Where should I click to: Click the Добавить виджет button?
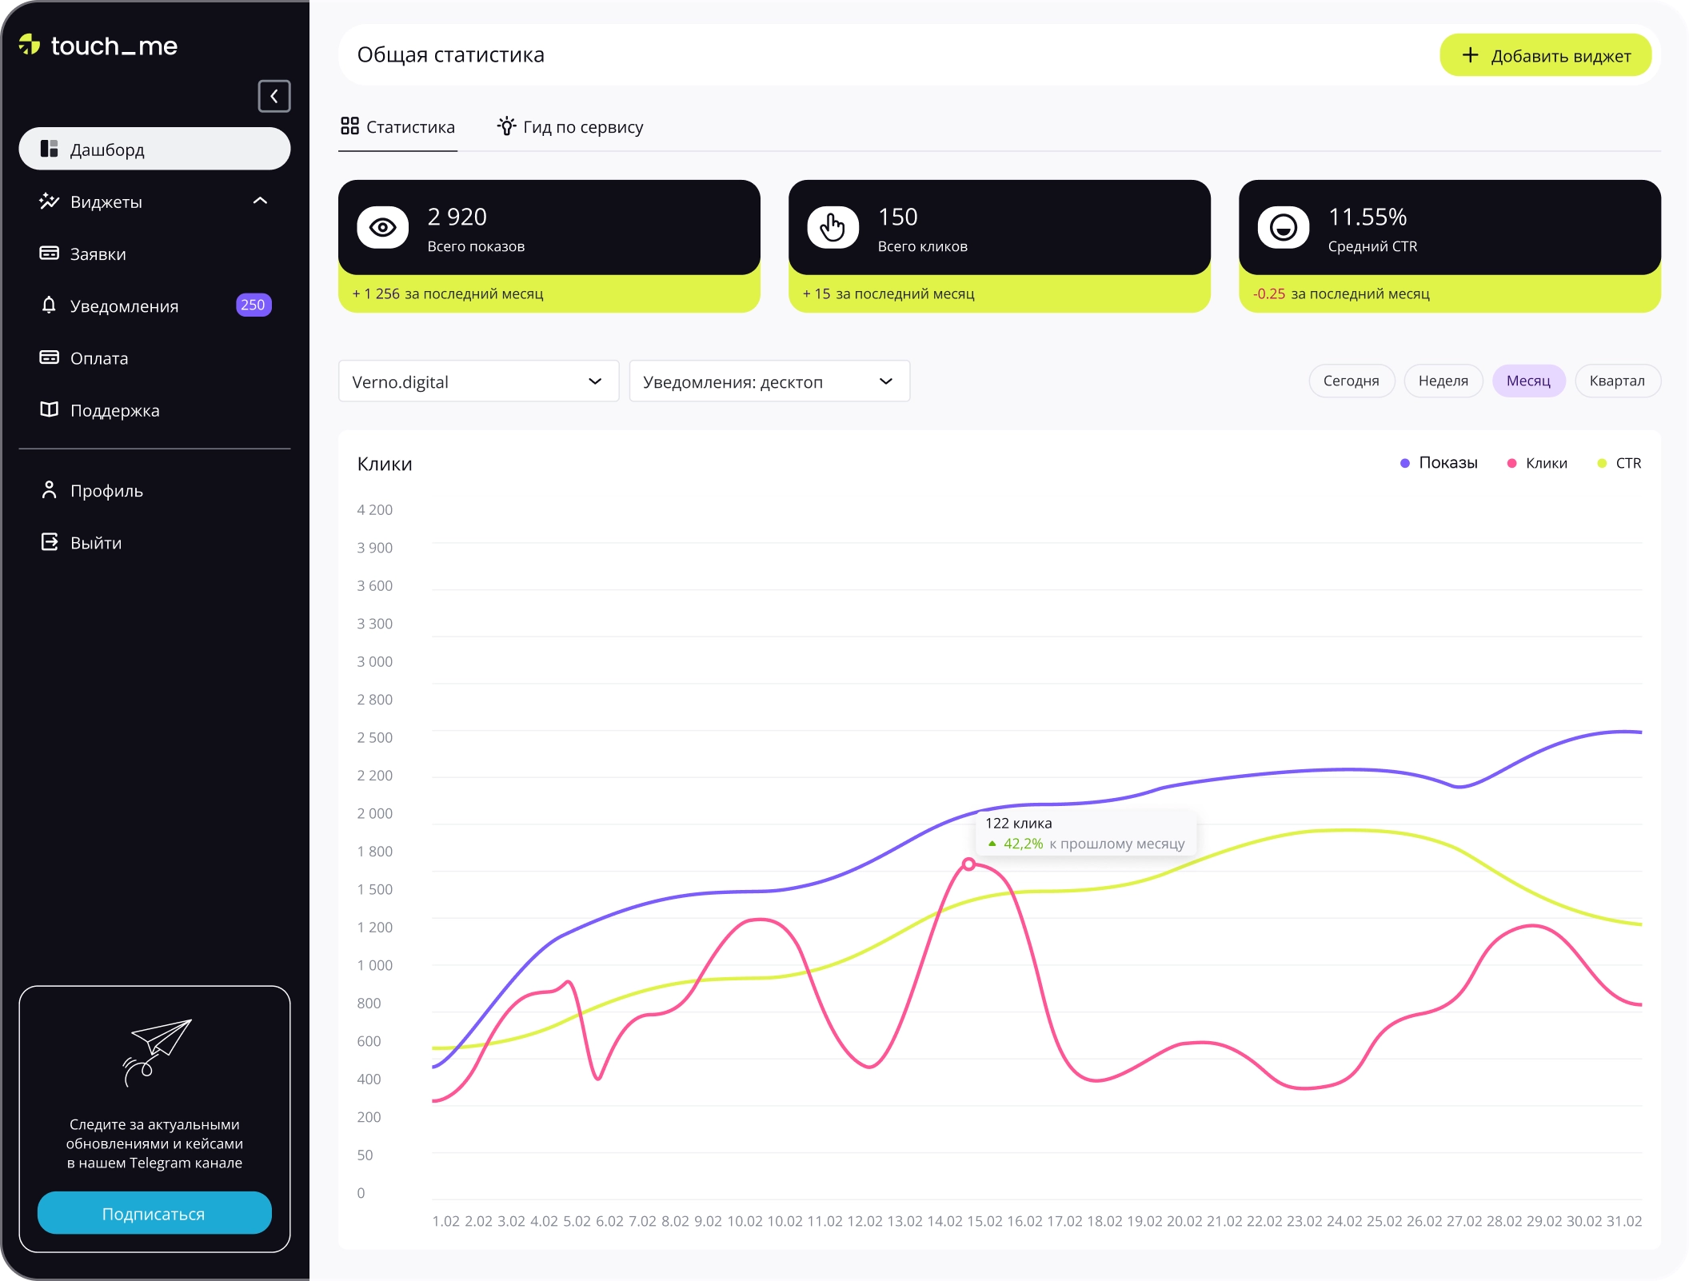click(x=1545, y=55)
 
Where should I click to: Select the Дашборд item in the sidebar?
click(x=154, y=149)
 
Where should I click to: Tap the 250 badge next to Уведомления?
click(x=254, y=305)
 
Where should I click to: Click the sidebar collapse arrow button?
click(x=274, y=96)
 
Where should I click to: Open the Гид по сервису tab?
click(x=570, y=127)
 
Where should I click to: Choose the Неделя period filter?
click(x=1443, y=381)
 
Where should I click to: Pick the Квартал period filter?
click(x=1616, y=381)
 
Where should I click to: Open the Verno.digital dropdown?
click(x=478, y=381)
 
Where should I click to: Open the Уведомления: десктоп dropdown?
click(x=769, y=381)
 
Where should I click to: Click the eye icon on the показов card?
click(x=382, y=228)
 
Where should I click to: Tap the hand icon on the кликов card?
click(x=833, y=228)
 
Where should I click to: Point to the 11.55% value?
click(x=1367, y=217)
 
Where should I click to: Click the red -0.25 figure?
click(x=1269, y=293)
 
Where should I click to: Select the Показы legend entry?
click(x=1439, y=463)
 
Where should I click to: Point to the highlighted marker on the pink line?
click(x=968, y=864)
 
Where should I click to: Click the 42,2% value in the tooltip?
click(x=1023, y=844)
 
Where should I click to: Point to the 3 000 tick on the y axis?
click(x=374, y=661)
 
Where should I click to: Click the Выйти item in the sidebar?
click(x=95, y=543)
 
